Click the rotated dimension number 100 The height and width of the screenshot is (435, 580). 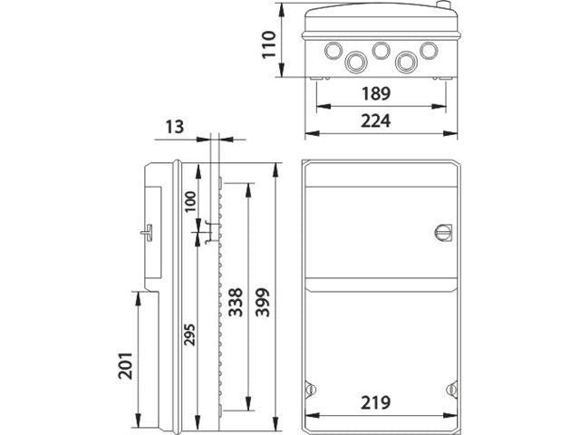coord(190,201)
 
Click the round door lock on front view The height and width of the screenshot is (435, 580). coord(444,229)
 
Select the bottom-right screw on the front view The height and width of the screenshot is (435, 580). coord(451,388)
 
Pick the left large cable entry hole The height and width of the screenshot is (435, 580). coord(356,61)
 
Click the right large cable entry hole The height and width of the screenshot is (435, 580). coord(406,61)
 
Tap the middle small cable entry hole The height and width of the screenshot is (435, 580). coord(381,49)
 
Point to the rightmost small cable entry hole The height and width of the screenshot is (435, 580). coord(430,49)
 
